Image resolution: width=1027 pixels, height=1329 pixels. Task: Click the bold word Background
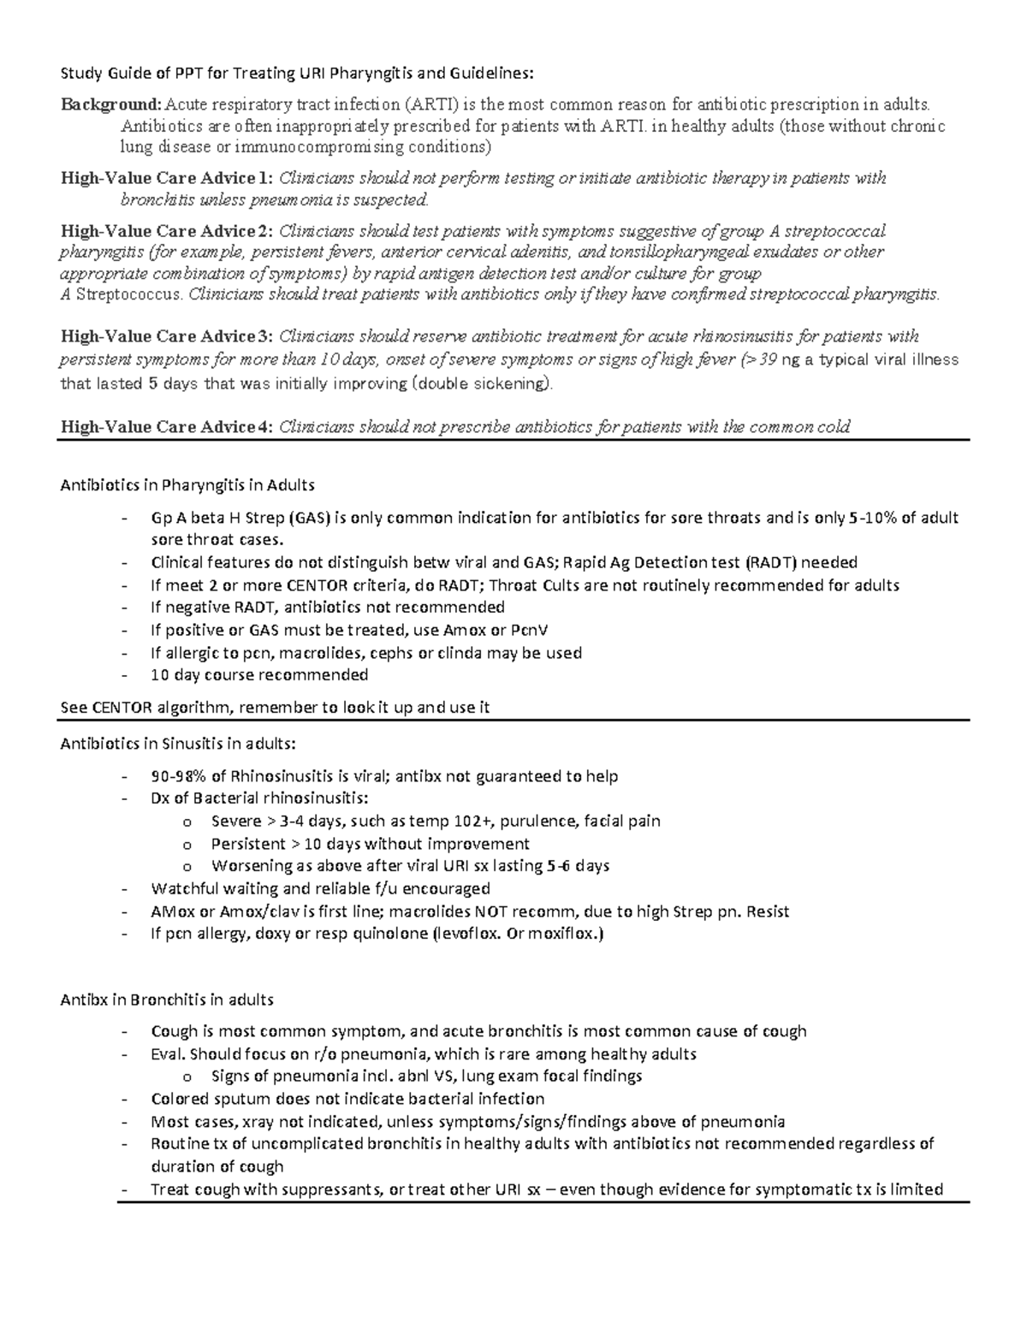[110, 105]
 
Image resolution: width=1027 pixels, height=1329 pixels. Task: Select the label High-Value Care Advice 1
[167, 179]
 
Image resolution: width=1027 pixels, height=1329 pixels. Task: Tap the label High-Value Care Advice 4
[167, 427]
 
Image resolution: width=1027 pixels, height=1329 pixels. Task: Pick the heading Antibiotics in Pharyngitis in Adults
[187, 485]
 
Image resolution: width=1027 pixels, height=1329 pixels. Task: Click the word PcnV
[529, 630]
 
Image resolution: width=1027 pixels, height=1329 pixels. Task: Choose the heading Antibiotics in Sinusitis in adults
[178, 744]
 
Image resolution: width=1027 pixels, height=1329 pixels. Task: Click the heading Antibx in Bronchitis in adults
[167, 1000]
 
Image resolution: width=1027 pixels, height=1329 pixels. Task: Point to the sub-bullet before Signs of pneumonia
[187, 1077]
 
